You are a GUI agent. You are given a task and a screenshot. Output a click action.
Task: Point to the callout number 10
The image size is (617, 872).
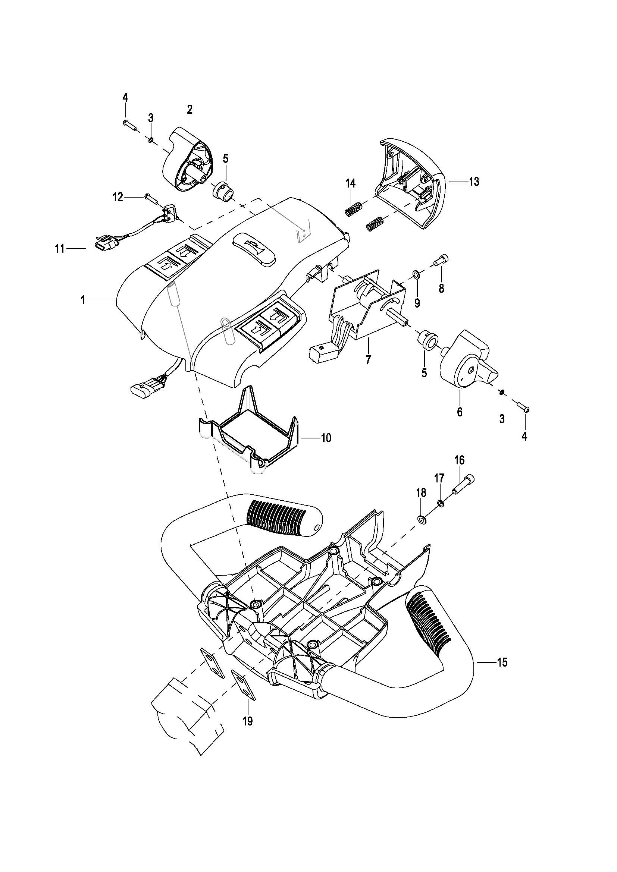pyautogui.click(x=326, y=438)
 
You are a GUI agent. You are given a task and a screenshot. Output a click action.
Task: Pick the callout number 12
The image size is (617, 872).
pyautogui.click(x=118, y=197)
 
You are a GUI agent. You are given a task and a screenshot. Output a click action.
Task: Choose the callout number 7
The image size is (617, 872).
pyautogui.click(x=368, y=360)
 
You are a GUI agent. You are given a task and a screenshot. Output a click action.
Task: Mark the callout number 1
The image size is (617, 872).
pyautogui.click(x=82, y=300)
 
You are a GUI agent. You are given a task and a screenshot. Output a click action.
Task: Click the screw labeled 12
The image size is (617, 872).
pyautogui.click(x=150, y=197)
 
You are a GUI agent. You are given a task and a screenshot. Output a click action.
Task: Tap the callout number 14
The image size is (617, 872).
pyautogui.click(x=350, y=183)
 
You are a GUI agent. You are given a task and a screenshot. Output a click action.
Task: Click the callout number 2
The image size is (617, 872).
pyautogui.click(x=190, y=110)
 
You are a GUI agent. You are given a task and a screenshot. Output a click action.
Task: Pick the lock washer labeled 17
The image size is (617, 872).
pyautogui.click(x=441, y=504)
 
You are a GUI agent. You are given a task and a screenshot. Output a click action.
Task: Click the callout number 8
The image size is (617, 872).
pyautogui.click(x=441, y=288)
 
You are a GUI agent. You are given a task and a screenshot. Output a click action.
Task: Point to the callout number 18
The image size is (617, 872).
pyautogui.click(x=421, y=493)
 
